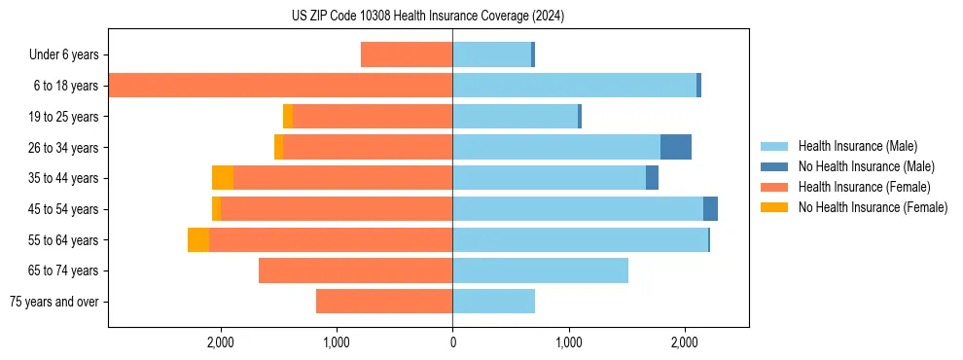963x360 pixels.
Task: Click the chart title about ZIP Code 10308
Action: (x=428, y=17)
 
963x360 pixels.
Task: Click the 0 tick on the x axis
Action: (x=452, y=342)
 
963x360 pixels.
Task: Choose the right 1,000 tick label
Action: (x=568, y=342)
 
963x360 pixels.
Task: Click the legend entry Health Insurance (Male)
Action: (x=857, y=146)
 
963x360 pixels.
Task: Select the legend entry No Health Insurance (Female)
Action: (x=873, y=206)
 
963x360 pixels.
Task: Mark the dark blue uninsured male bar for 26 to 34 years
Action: (x=676, y=147)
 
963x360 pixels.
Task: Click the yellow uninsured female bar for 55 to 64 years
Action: (x=198, y=239)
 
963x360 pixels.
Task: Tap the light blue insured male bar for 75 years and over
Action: (x=493, y=302)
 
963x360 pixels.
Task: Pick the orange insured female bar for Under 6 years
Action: (x=407, y=54)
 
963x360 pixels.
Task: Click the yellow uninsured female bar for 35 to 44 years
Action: (x=223, y=178)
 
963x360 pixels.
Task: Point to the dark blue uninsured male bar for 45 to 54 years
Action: (x=710, y=209)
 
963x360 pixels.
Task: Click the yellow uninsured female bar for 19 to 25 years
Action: (x=288, y=117)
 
